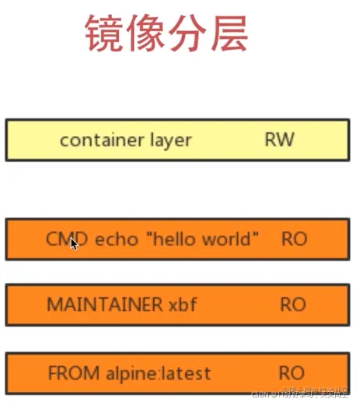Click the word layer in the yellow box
click(x=167, y=140)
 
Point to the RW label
click(x=280, y=140)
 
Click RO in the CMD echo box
click(x=293, y=238)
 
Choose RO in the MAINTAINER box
click(x=293, y=304)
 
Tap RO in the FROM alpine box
click(x=293, y=373)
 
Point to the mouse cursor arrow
click(x=74, y=243)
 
